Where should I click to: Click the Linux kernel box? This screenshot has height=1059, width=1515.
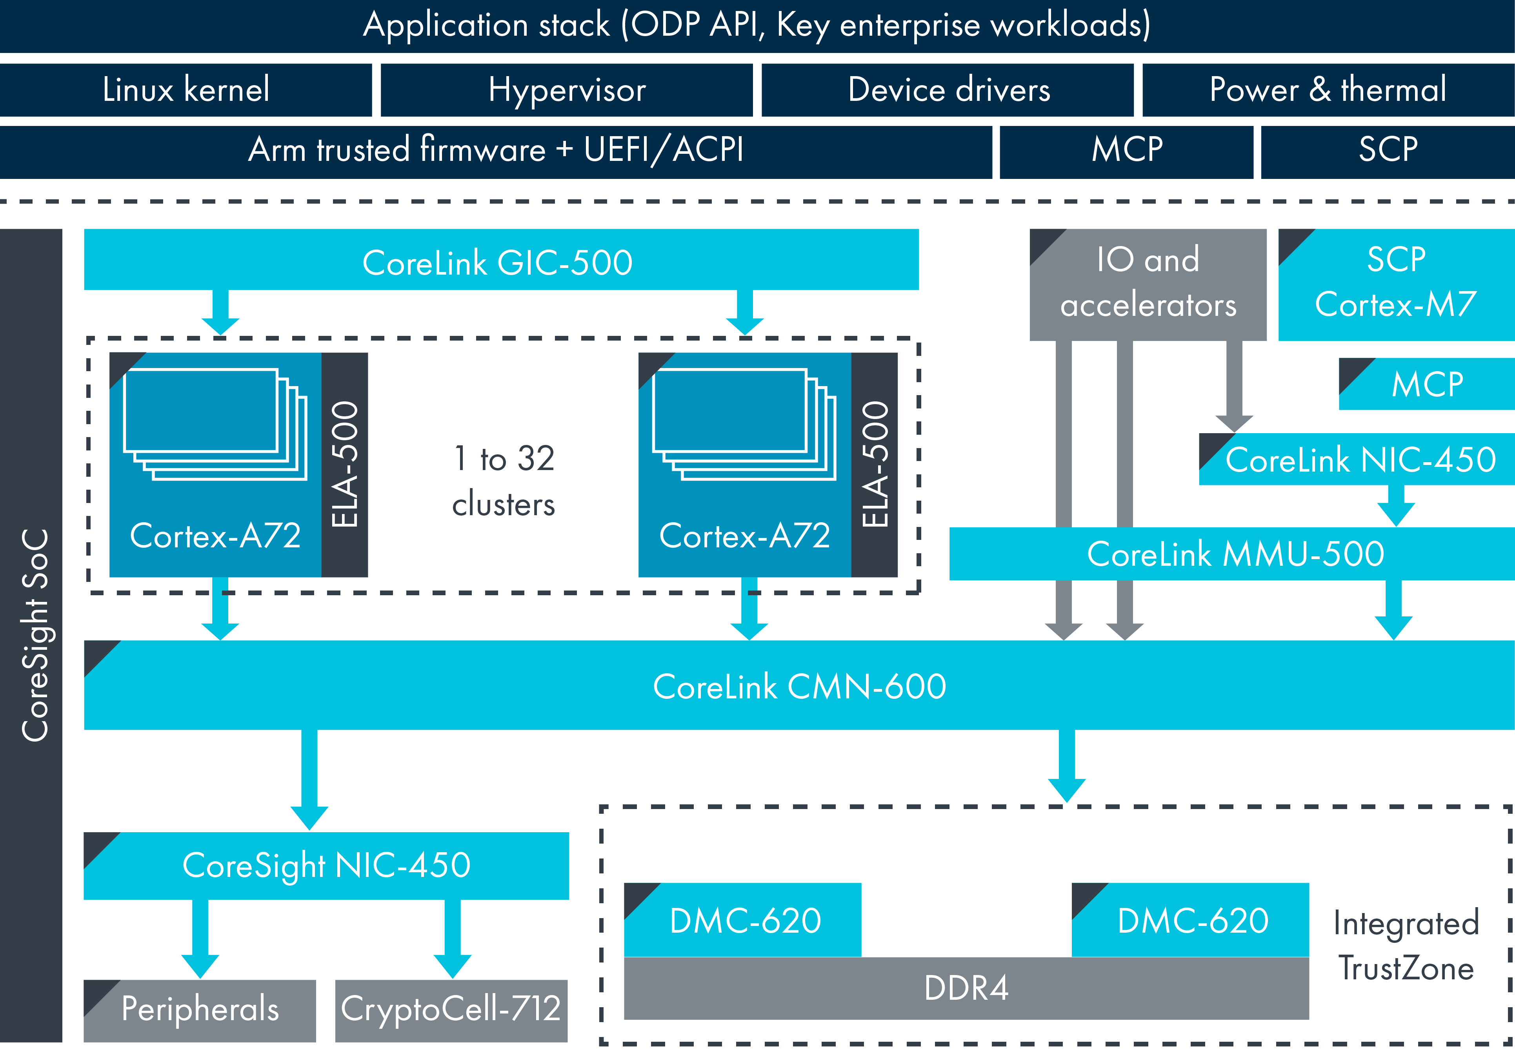(186, 90)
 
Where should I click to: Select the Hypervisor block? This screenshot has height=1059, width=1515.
(566, 90)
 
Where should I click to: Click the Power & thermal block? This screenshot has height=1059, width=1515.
(1328, 90)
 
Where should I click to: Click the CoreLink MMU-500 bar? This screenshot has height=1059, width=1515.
(1234, 554)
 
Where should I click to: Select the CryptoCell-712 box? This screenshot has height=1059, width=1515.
(451, 1010)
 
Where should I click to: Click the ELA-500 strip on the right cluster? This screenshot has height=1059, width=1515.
(874, 464)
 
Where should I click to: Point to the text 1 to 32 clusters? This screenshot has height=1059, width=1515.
(504, 481)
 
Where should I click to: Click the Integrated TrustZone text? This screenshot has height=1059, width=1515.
(1406, 946)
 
